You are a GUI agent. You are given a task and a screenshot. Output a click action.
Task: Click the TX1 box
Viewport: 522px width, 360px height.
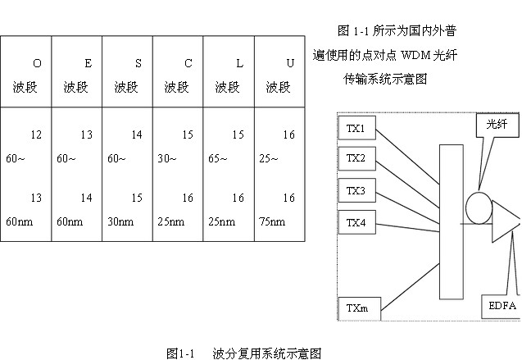coord(356,128)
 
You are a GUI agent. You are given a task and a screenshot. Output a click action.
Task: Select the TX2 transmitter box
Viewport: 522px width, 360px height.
coord(356,158)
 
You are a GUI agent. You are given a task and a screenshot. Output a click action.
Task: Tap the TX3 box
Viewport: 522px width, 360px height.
coord(356,191)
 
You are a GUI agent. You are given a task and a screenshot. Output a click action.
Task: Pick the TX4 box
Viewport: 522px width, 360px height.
coord(356,221)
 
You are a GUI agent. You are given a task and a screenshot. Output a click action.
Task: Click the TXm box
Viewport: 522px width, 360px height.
coord(357,308)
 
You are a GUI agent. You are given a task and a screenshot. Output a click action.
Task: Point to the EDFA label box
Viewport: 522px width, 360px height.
coord(502,307)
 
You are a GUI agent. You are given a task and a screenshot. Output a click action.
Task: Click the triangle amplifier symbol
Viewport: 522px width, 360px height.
coord(509,224)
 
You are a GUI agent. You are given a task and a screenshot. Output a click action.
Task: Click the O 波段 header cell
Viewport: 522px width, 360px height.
coord(26,75)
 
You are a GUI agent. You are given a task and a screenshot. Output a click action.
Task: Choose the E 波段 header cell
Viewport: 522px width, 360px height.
coord(77,75)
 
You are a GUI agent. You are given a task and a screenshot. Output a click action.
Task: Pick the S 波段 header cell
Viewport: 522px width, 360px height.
coord(128,75)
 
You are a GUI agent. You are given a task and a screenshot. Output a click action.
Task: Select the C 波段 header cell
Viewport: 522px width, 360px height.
coord(179,75)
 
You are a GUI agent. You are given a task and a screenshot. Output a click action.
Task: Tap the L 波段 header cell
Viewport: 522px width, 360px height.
coord(229,75)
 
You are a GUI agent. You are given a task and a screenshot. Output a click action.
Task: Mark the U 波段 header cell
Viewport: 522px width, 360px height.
coord(279,75)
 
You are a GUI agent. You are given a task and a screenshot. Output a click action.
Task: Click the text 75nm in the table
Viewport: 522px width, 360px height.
coord(273,221)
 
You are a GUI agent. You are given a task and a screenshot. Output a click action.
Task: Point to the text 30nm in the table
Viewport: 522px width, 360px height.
coord(120,221)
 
